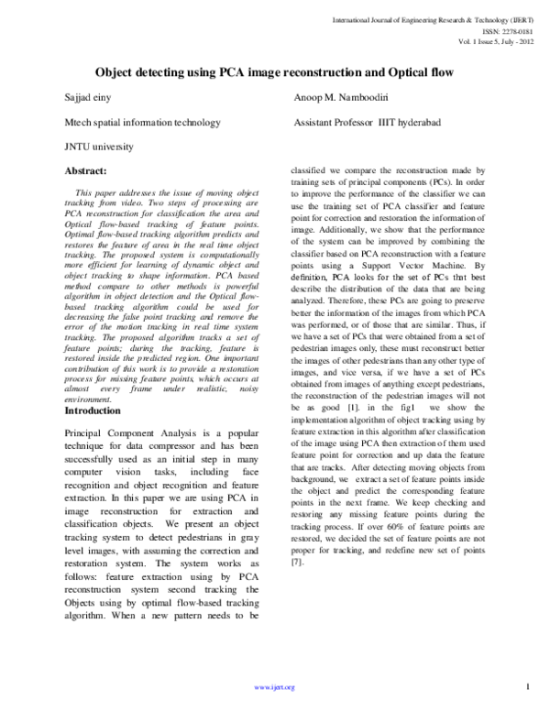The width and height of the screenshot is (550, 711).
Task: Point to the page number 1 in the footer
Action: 530,685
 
